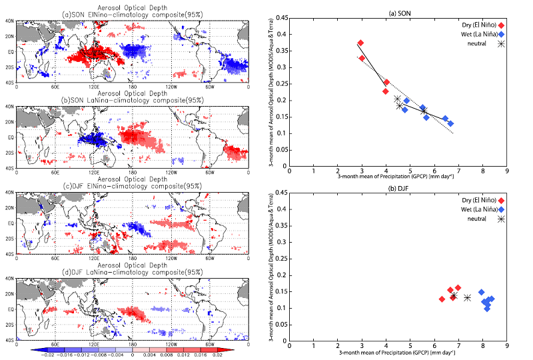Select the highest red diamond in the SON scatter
[360, 43]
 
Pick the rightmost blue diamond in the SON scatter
[450, 123]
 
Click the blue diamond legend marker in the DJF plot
[500, 209]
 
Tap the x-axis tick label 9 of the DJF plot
[507, 347]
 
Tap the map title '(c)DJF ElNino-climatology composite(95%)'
[132, 185]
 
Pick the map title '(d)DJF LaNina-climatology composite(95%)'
[132, 271]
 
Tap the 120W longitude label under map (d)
[171, 344]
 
